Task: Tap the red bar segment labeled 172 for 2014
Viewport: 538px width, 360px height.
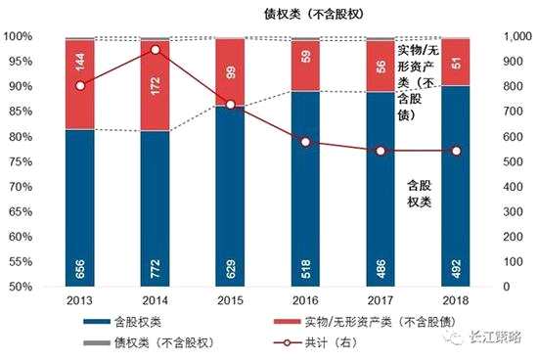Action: click(x=155, y=86)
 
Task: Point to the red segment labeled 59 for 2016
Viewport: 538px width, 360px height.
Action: click(x=305, y=66)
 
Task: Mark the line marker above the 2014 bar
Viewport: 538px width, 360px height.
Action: click(x=155, y=49)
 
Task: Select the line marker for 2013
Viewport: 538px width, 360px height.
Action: click(x=79, y=86)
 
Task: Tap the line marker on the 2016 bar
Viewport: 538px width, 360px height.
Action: click(x=305, y=142)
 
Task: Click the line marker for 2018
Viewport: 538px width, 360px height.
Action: click(x=456, y=151)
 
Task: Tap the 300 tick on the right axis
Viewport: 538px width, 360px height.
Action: click(x=507, y=211)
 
